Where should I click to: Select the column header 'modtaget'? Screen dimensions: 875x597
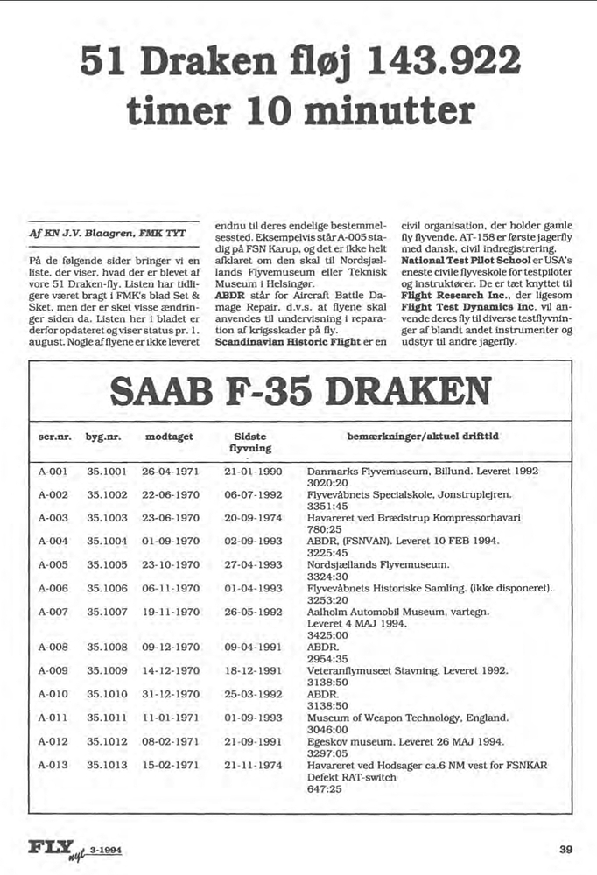coord(169,436)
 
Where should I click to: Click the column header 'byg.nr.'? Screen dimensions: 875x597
coord(102,436)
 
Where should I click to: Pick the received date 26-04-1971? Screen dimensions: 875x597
coord(170,470)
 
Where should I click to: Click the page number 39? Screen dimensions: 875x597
coord(566,849)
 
